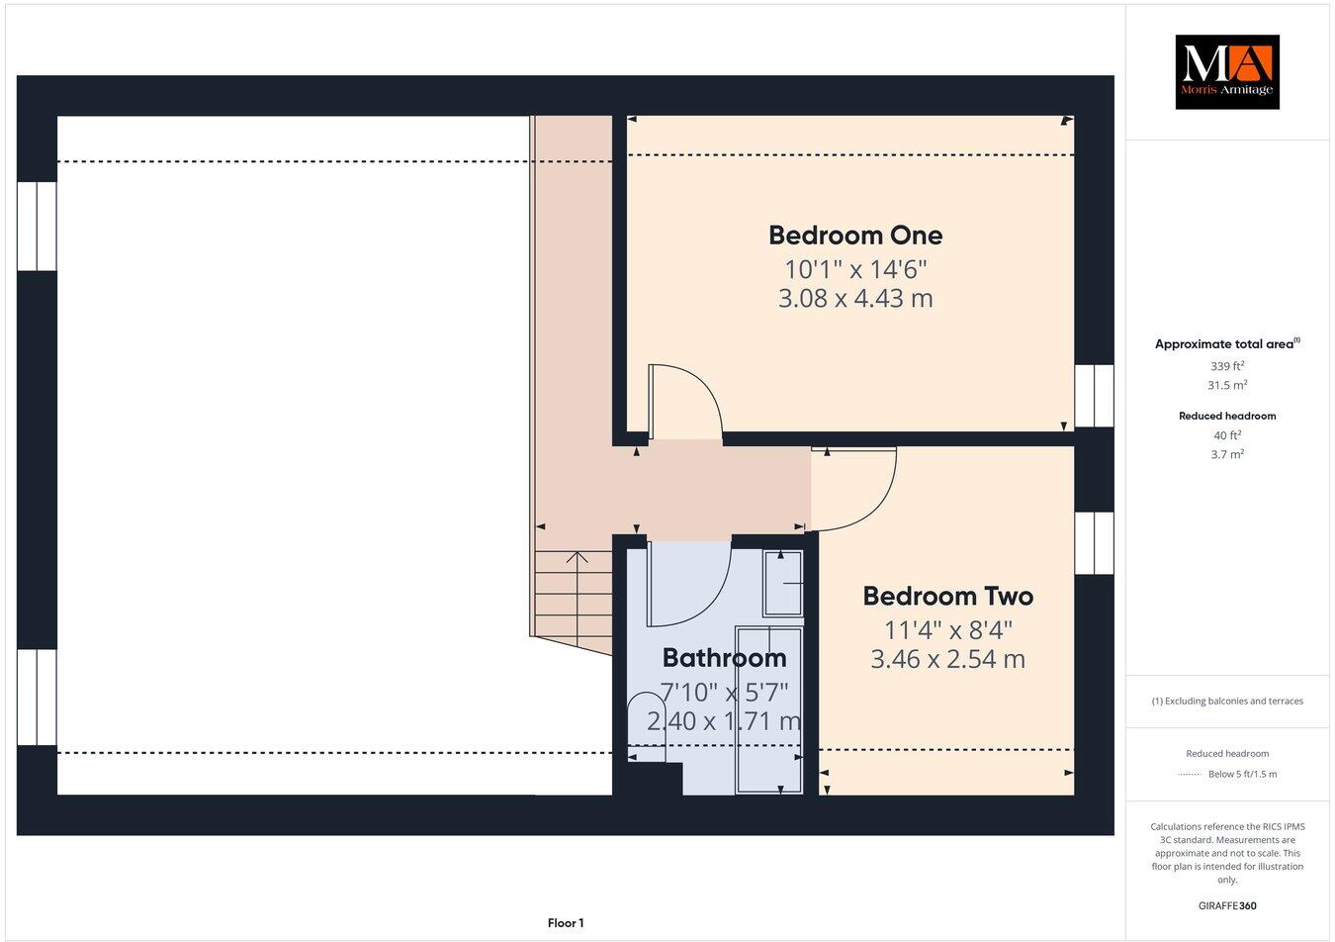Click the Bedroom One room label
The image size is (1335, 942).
pos(855,235)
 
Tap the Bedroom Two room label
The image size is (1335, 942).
pos(947,597)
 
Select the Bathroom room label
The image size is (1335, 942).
pos(724,658)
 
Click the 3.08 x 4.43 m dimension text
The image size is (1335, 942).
pos(855,298)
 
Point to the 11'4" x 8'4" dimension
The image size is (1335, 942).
pos(947,629)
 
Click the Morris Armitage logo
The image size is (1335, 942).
pos(1226,72)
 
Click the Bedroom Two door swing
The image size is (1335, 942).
pos(854,490)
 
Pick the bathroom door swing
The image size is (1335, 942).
pos(688,584)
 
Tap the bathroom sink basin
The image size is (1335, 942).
pos(784,584)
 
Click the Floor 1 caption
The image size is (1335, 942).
pos(566,923)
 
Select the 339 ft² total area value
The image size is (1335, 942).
pos(1226,366)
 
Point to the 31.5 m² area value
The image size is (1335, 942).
pos(1226,386)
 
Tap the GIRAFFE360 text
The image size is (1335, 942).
pos(1226,904)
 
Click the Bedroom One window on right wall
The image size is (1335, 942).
pos(1094,396)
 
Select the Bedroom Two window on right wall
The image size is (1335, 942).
pos(1094,542)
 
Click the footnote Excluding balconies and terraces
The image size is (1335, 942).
pos(1226,702)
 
